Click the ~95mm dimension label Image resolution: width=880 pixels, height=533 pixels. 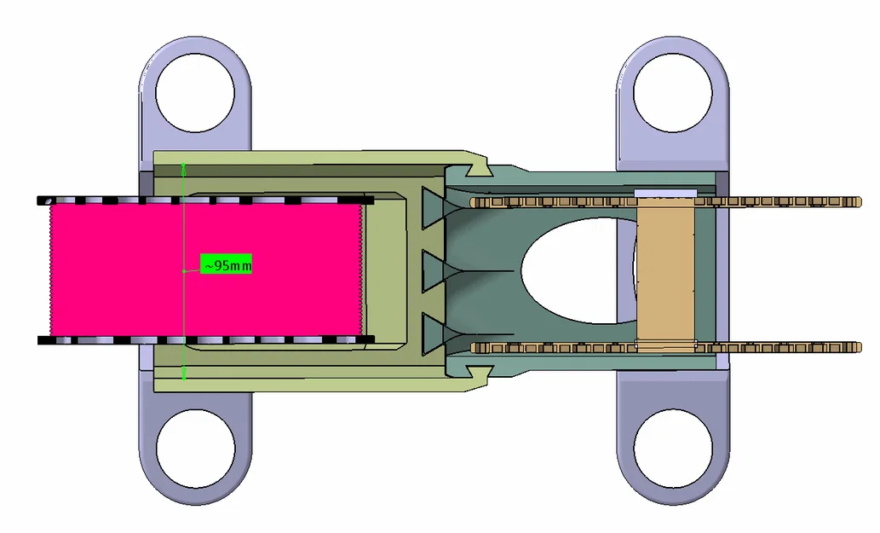click(x=227, y=265)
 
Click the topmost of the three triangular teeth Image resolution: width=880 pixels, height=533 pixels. click(x=434, y=207)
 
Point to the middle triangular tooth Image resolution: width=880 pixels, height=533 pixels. click(x=434, y=270)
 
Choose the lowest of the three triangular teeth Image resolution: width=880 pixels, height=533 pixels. click(x=434, y=333)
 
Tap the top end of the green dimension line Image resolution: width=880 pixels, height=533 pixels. click(x=184, y=163)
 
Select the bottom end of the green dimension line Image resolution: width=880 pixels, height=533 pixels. click(x=184, y=378)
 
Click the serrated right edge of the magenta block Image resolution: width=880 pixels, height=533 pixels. click(x=364, y=269)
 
